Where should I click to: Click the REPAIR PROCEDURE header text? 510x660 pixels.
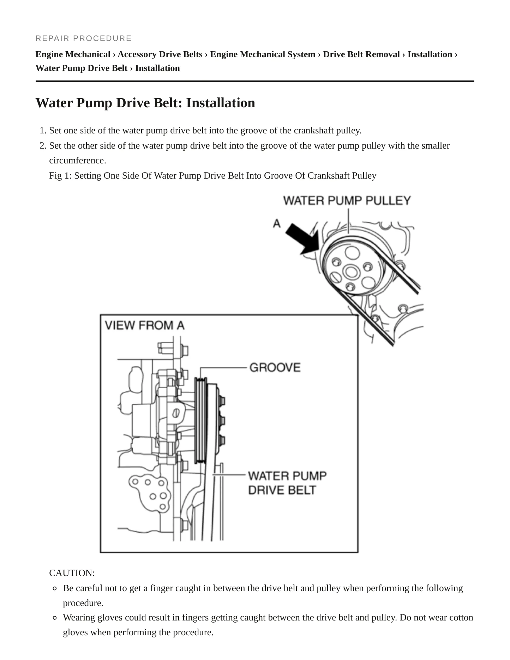pyautogui.click(x=83, y=38)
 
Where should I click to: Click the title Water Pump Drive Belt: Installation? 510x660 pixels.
pyautogui.click(x=145, y=103)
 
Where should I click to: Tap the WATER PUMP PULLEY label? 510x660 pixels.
pyautogui.click(x=347, y=200)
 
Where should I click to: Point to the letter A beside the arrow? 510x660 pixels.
pyautogui.click(x=277, y=223)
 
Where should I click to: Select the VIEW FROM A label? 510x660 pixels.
pyautogui.click(x=145, y=325)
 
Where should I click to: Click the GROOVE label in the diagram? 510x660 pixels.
pyautogui.click(x=275, y=367)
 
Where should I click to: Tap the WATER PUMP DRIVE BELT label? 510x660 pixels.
pyautogui.click(x=287, y=483)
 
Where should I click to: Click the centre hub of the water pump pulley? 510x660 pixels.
pyautogui.click(x=351, y=272)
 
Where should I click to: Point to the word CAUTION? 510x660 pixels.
pyautogui.click(x=72, y=573)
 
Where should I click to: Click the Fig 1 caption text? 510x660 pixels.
pyautogui.click(x=213, y=175)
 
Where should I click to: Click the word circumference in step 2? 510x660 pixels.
pyautogui.click(x=78, y=161)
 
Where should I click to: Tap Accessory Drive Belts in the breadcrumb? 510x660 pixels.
pyautogui.click(x=160, y=54)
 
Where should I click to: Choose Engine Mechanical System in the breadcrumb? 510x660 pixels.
pyautogui.click(x=263, y=54)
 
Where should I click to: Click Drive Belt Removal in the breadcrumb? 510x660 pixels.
pyautogui.click(x=361, y=54)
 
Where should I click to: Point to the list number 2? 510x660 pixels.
pyautogui.click(x=43, y=146)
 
